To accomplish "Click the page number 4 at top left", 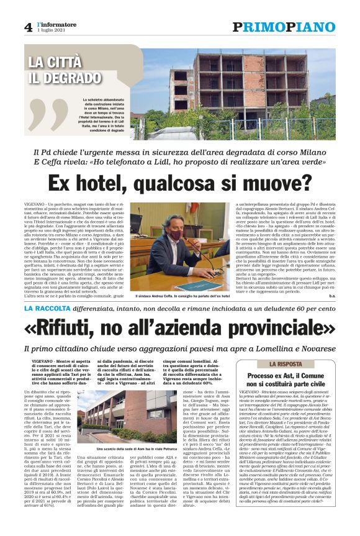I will click(x=28, y=27).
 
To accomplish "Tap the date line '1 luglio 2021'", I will click(x=50, y=30).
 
